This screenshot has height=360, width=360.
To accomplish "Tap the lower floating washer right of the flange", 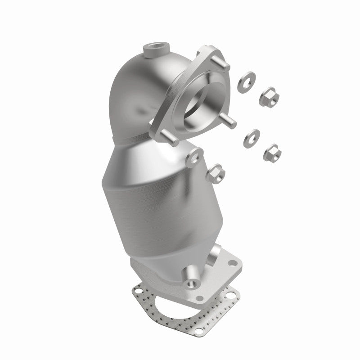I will [x=251, y=138].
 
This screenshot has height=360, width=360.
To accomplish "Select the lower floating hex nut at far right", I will [x=273, y=152].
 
